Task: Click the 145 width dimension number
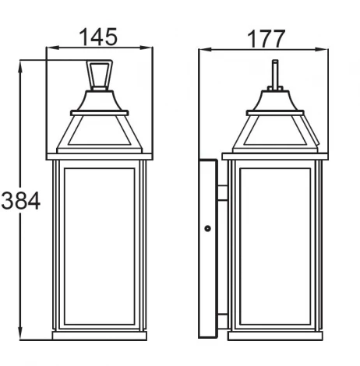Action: point(99,36)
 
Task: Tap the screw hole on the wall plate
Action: point(207,228)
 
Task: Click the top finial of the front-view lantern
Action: point(99,76)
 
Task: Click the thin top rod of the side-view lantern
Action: point(274,74)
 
